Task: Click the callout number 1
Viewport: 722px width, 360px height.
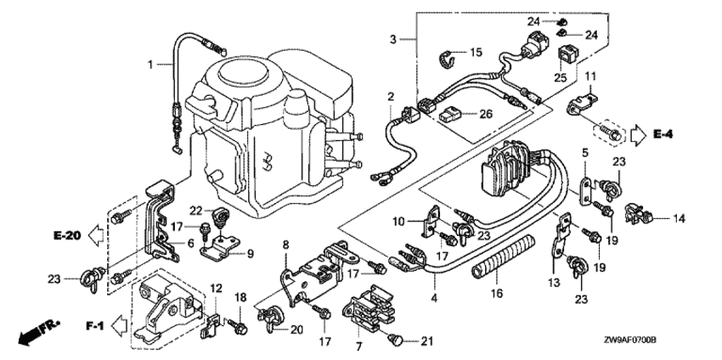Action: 150,64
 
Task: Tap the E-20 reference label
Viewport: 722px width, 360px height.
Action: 65,235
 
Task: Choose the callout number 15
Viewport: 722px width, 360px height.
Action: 475,53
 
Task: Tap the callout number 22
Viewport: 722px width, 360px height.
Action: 195,211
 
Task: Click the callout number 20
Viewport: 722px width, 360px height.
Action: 296,329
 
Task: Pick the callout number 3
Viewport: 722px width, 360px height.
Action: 392,40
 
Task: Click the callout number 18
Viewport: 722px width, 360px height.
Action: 240,297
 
